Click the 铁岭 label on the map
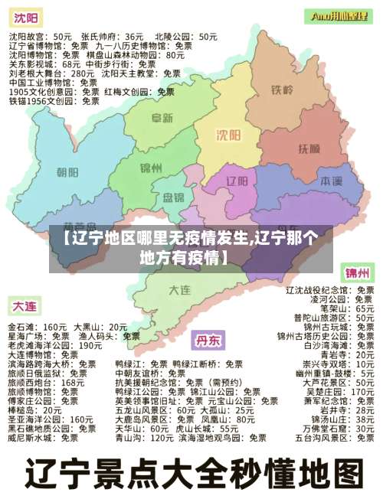(281, 90)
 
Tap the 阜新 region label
(162, 118)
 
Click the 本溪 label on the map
(330, 181)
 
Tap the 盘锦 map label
(173, 198)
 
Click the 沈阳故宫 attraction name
(23, 36)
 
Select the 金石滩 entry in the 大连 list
(21, 326)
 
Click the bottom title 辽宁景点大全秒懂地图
(191, 471)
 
